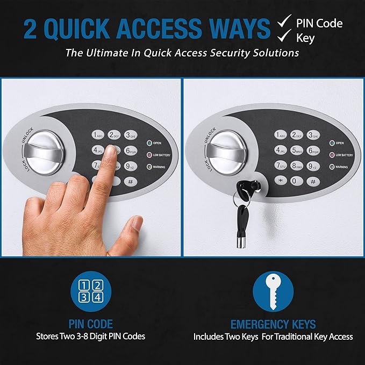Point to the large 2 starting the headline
tap(32, 30)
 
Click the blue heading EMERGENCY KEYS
tap(273, 324)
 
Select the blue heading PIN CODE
tap(90, 324)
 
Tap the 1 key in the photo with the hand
tap(98, 135)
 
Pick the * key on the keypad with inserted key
tap(280, 181)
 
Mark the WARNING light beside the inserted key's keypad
tap(332, 167)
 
